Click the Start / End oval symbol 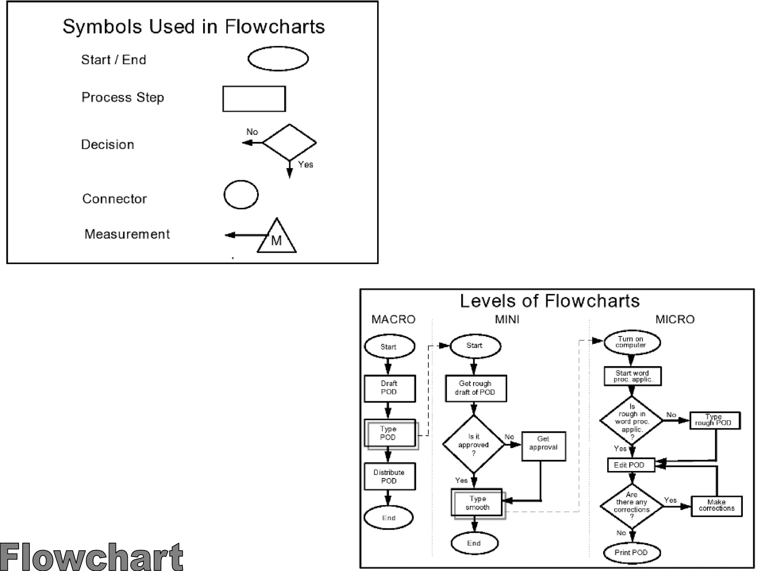pos(278,59)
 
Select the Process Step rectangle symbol pos(254,99)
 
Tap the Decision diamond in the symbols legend pos(289,142)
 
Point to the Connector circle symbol pos(241,195)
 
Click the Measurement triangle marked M pos(277,238)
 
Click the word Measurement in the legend pos(127,234)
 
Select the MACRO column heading pos(394,319)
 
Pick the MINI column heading pos(507,319)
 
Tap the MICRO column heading pos(675,319)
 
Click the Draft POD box pos(389,388)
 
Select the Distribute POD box pos(389,476)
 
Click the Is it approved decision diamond pos(474,444)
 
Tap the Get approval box pos(544,446)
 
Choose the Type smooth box pos(477,503)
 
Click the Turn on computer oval pos(632,342)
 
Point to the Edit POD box pos(631,465)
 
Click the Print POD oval pos(632,553)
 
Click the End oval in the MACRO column pos(389,517)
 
